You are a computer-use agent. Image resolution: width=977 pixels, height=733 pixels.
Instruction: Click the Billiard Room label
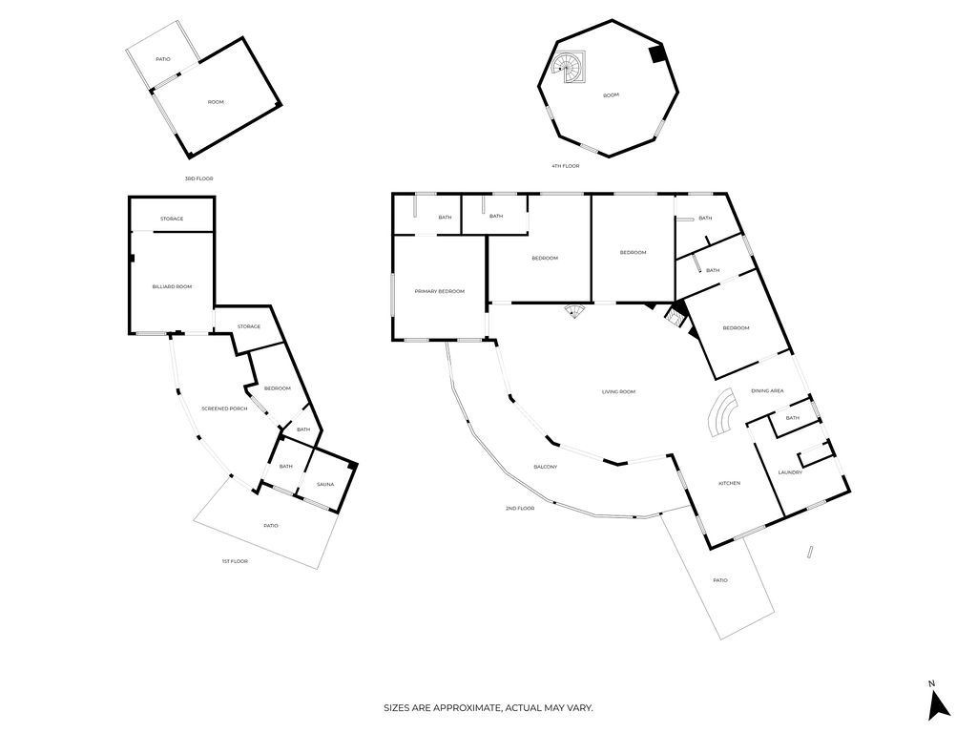(172, 286)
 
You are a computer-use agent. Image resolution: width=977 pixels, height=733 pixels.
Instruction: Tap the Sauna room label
(325, 485)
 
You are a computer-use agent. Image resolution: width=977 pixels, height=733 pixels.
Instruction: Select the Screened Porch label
(224, 408)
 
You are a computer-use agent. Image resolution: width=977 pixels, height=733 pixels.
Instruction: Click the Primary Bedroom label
(439, 291)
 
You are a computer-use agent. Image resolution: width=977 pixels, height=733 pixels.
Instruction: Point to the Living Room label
(618, 391)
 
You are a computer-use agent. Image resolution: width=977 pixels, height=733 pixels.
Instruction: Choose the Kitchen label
(729, 484)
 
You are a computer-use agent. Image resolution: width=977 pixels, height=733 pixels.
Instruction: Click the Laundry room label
(790, 472)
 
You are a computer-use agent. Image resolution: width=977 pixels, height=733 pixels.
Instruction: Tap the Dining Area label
(767, 390)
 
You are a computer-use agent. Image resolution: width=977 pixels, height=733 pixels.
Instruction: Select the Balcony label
(545, 467)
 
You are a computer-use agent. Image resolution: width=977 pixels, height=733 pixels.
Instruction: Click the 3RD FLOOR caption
(198, 178)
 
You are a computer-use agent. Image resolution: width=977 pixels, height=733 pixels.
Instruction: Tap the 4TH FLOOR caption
(565, 166)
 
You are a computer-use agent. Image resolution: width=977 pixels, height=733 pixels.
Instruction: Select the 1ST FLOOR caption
(234, 561)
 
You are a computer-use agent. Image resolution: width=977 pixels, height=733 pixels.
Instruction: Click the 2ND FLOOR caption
(520, 509)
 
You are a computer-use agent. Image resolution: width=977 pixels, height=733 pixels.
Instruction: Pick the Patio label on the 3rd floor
(163, 59)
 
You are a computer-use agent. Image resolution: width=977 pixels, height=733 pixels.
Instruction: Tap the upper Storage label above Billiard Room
(172, 219)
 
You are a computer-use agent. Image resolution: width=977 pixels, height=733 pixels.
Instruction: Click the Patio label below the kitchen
(720, 580)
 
